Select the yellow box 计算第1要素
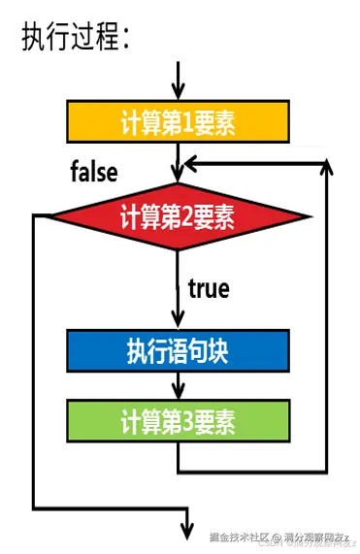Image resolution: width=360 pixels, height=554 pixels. [178, 122]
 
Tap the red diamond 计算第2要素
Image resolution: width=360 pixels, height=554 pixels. [179, 213]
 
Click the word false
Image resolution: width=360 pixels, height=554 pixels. [94, 173]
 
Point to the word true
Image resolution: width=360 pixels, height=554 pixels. [209, 288]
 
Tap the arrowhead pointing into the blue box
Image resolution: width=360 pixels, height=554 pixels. [178, 321]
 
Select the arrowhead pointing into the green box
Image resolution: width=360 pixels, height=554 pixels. [178, 391]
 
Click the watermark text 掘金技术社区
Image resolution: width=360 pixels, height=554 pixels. [238, 537]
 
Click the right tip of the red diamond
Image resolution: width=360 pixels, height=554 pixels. [311, 214]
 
